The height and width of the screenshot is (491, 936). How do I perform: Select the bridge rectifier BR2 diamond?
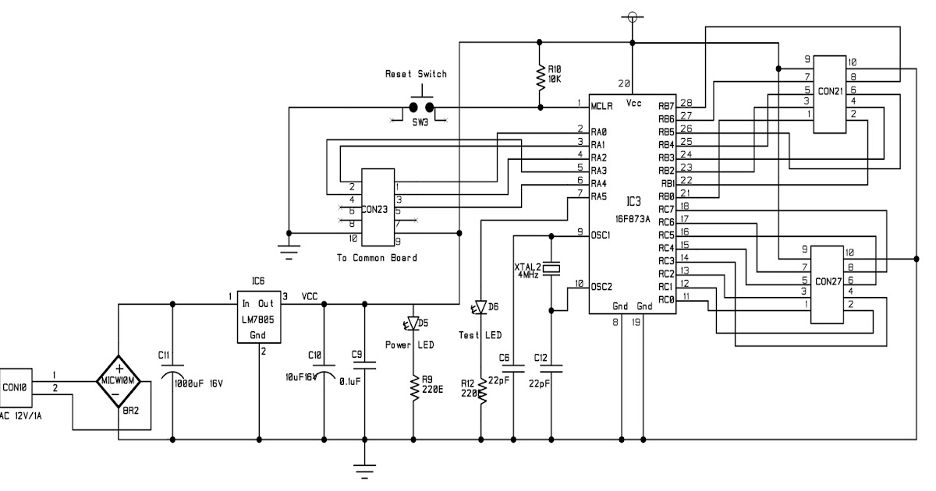(117, 381)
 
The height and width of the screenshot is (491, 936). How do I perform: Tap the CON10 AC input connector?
(14, 386)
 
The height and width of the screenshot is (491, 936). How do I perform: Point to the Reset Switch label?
(416, 74)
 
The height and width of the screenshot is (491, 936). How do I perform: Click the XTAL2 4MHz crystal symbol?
(551, 269)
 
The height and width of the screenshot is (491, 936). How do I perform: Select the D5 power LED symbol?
(413, 323)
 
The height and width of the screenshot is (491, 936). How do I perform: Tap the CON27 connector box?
(828, 284)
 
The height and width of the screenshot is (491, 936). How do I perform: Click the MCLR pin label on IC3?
(601, 105)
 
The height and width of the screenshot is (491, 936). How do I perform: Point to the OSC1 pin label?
(601, 234)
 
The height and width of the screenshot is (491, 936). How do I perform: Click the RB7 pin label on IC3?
(665, 105)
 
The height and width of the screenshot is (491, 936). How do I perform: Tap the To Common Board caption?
(377, 257)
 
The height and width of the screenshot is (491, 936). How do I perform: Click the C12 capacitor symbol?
(551, 365)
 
